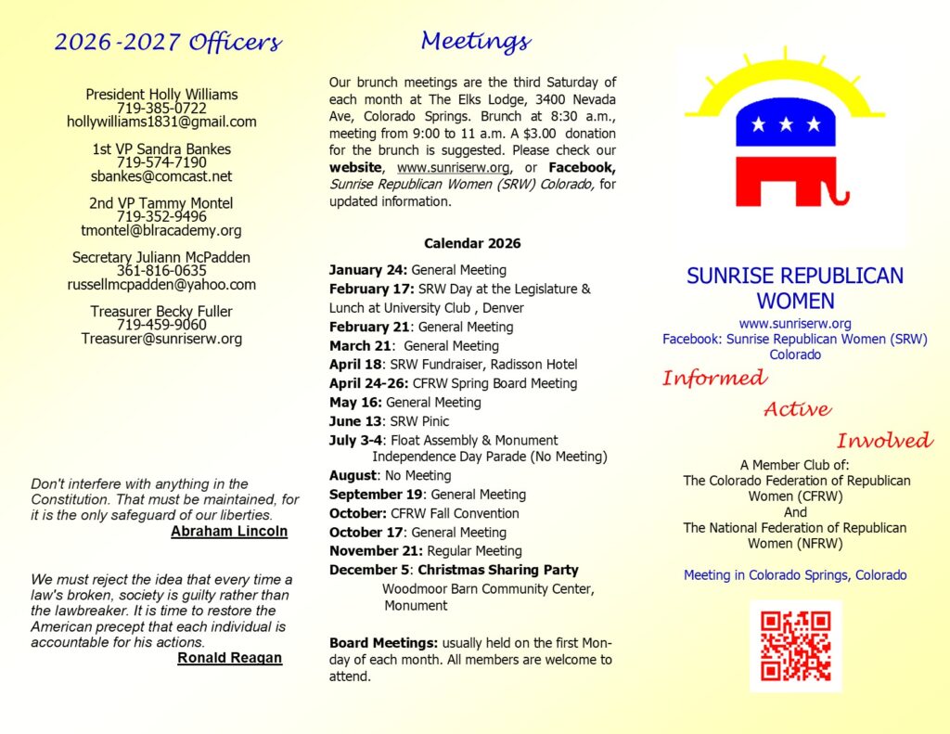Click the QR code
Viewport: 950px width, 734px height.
click(x=795, y=646)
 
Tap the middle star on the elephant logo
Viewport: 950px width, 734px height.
click(x=787, y=123)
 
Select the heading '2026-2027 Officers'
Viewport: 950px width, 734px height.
click(x=168, y=42)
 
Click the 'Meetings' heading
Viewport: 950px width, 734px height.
click(x=475, y=41)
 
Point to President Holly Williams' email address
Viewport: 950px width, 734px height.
click(x=161, y=122)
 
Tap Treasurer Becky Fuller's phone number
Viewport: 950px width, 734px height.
click(x=161, y=325)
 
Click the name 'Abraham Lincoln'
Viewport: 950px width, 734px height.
click(x=229, y=532)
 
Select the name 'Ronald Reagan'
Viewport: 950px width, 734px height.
click(x=229, y=658)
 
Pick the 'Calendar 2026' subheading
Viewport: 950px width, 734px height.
click(x=472, y=243)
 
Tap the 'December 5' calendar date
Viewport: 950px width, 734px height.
click(x=369, y=570)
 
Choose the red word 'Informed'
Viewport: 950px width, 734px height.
click(x=714, y=378)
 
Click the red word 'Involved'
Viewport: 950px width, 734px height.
click(x=884, y=441)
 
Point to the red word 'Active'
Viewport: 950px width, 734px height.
click(x=797, y=409)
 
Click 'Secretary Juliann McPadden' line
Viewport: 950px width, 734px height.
click(x=161, y=257)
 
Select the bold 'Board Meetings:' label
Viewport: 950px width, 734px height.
click(x=383, y=642)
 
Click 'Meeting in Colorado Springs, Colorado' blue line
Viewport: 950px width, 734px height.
click(x=795, y=574)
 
